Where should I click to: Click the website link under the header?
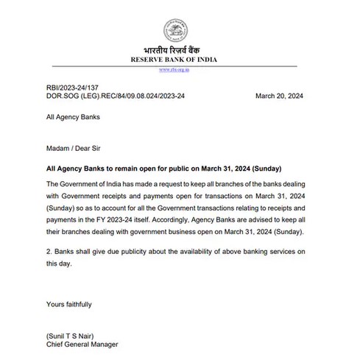(x=180, y=70)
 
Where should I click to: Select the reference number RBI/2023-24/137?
(x=70, y=87)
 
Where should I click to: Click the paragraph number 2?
(x=48, y=251)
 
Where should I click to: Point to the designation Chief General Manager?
(x=82, y=344)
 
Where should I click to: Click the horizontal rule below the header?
(x=180, y=66)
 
